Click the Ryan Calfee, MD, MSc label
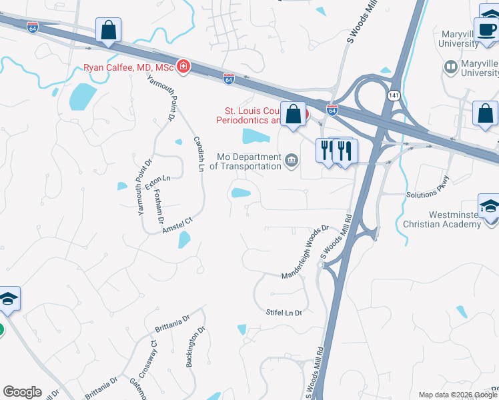click(128, 67)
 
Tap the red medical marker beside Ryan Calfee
click(182, 67)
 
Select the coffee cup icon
click(484, 28)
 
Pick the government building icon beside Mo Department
click(292, 160)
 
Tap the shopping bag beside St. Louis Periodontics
click(293, 114)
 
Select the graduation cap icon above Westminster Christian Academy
click(489, 205)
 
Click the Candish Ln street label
click(198, 154)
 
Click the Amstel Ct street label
click(177, 225)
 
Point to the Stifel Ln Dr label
click(284, 312)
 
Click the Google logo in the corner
click(22, 392)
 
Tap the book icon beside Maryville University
click(450, 67)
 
